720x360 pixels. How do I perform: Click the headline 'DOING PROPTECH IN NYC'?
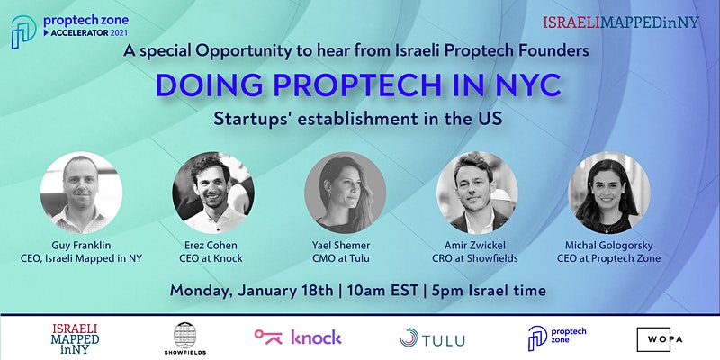pos(358,85)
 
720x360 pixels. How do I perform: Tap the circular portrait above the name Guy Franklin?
pos(81,193)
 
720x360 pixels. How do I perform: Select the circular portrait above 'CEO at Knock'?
pos(213,193)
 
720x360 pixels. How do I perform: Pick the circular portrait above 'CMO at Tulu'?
pos(346,193)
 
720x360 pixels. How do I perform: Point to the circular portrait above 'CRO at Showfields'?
pos(477,193)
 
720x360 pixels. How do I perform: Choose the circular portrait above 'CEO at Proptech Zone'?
pos(609,193)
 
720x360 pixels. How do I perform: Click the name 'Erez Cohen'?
pos(211,246)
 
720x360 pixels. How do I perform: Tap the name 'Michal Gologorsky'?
pos(609,246)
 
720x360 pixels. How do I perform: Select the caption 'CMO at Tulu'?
pos(341,258)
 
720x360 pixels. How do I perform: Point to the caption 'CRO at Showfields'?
pos(475,258)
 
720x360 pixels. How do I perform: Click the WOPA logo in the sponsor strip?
pos(660,340)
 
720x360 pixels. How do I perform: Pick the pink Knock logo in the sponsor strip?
pos(298,337)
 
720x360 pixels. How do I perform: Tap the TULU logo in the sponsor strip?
pos(432,338)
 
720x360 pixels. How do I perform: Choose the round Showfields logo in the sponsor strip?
pos(185,338)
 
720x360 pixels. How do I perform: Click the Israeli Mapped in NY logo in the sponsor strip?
pos(76,339)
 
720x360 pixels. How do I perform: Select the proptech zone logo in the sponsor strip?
pos(557,338)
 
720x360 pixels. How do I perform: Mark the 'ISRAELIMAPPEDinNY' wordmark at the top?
pos(621,22)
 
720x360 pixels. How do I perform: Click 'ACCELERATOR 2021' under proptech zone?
pos(85,32)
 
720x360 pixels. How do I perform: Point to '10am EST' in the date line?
pos(382,290)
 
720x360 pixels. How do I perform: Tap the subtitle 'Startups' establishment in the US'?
pos(358,119)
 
